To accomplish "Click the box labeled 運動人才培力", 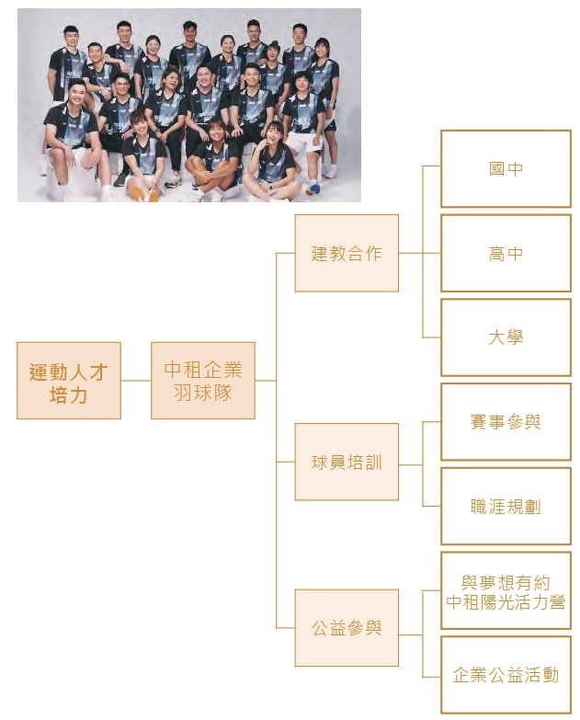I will coord(69,381).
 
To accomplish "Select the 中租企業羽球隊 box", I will coord(203,381).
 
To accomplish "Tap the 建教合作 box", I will coord(347,253).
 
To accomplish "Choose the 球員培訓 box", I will coord(347,462).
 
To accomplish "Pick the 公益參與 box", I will coord(347,628).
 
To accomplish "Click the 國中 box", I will coord(506,169).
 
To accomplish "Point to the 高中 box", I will coord(506,253).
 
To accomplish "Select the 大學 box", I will coord(506,337).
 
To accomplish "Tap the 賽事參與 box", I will coord(506,422).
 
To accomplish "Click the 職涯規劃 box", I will coord(506,507).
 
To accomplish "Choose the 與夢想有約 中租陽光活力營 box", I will coord(506,591).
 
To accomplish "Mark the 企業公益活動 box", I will coord(506,675).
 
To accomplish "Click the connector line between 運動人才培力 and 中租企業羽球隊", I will coord(136,381).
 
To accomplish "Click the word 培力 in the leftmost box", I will coord(69,396).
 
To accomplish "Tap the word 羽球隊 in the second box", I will coord(203,393).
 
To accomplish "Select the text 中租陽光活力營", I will coord(506,603).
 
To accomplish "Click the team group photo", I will coord(189,105).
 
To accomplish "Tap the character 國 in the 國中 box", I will coord(496,169).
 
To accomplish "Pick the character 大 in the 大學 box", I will coord(496,337).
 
